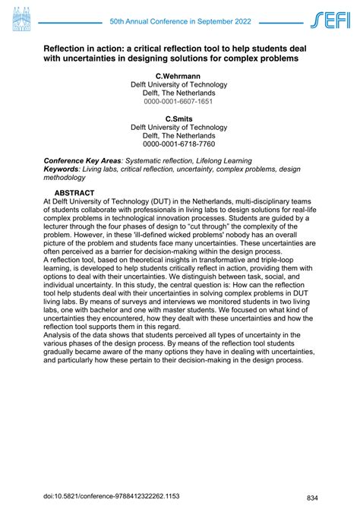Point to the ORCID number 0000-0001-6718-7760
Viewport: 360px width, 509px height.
(x=178, y=144)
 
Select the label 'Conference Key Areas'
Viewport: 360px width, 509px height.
(x=82, y=162)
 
